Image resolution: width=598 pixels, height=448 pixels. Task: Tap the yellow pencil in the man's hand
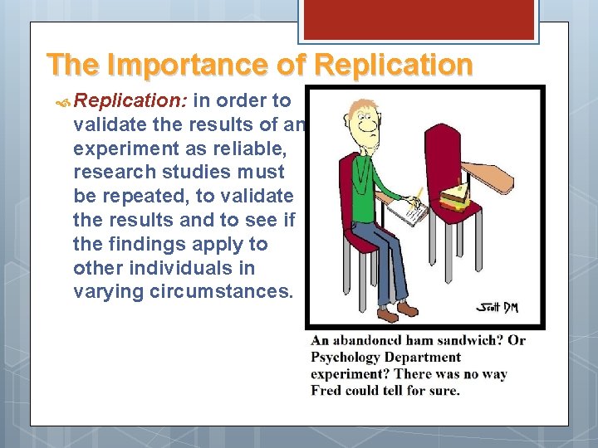418,197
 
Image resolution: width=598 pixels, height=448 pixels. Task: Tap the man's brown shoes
397,312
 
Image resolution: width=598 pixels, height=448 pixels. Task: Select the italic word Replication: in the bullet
131,101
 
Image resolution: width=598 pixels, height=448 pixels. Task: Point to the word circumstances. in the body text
224,292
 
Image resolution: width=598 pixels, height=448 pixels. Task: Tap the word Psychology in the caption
346,358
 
